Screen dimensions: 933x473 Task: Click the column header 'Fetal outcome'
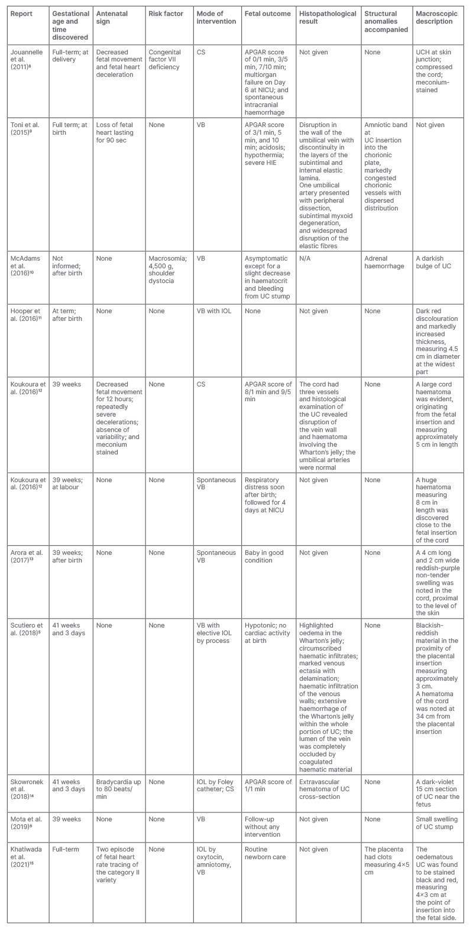tap(267, 14)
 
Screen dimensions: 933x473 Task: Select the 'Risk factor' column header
tap(166, 14)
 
